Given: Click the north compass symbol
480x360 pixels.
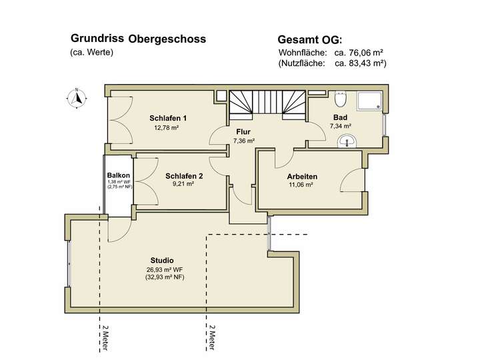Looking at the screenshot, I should (77, 97).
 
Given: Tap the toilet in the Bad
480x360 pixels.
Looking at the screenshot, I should (341, 99).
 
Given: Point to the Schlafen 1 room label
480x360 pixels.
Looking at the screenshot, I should (168, 118).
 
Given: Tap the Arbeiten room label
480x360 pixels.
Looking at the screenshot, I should (302, 177).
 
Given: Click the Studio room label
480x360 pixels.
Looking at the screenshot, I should (162, 260).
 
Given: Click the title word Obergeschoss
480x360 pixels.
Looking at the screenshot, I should (167, 39).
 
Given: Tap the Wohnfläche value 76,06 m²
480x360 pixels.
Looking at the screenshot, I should (363, 52).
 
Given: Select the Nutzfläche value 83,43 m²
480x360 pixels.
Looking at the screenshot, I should (360, 63).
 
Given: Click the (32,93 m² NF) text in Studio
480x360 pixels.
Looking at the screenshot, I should (165, 277).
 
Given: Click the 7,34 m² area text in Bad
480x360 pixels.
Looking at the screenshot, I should (340, 125).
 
